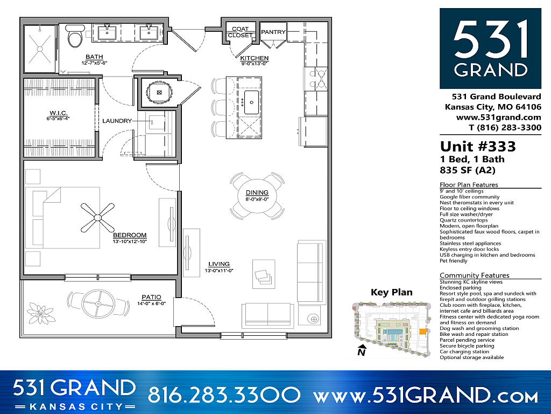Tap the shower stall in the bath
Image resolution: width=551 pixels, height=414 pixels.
(x=39, y=47)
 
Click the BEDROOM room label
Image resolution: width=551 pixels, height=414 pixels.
(x=130, y=236)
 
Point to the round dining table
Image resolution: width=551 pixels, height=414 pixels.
(x=257, y=194)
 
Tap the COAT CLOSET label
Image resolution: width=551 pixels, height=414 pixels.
(x=240, y=32)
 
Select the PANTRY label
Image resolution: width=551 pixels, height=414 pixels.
(x=273, y=32)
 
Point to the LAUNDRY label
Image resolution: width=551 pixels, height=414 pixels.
(x=117, y=121)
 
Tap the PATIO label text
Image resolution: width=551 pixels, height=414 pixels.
(x=152, y=297)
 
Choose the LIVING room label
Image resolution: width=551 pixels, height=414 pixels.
(x=219, y=264)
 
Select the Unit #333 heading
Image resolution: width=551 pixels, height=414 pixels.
(x=478, y=147)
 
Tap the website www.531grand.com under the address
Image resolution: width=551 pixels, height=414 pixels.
(x=498, y=117)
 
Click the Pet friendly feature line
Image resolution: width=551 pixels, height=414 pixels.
(x=454, y=261)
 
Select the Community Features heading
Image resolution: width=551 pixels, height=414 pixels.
(x=475, y=275)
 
